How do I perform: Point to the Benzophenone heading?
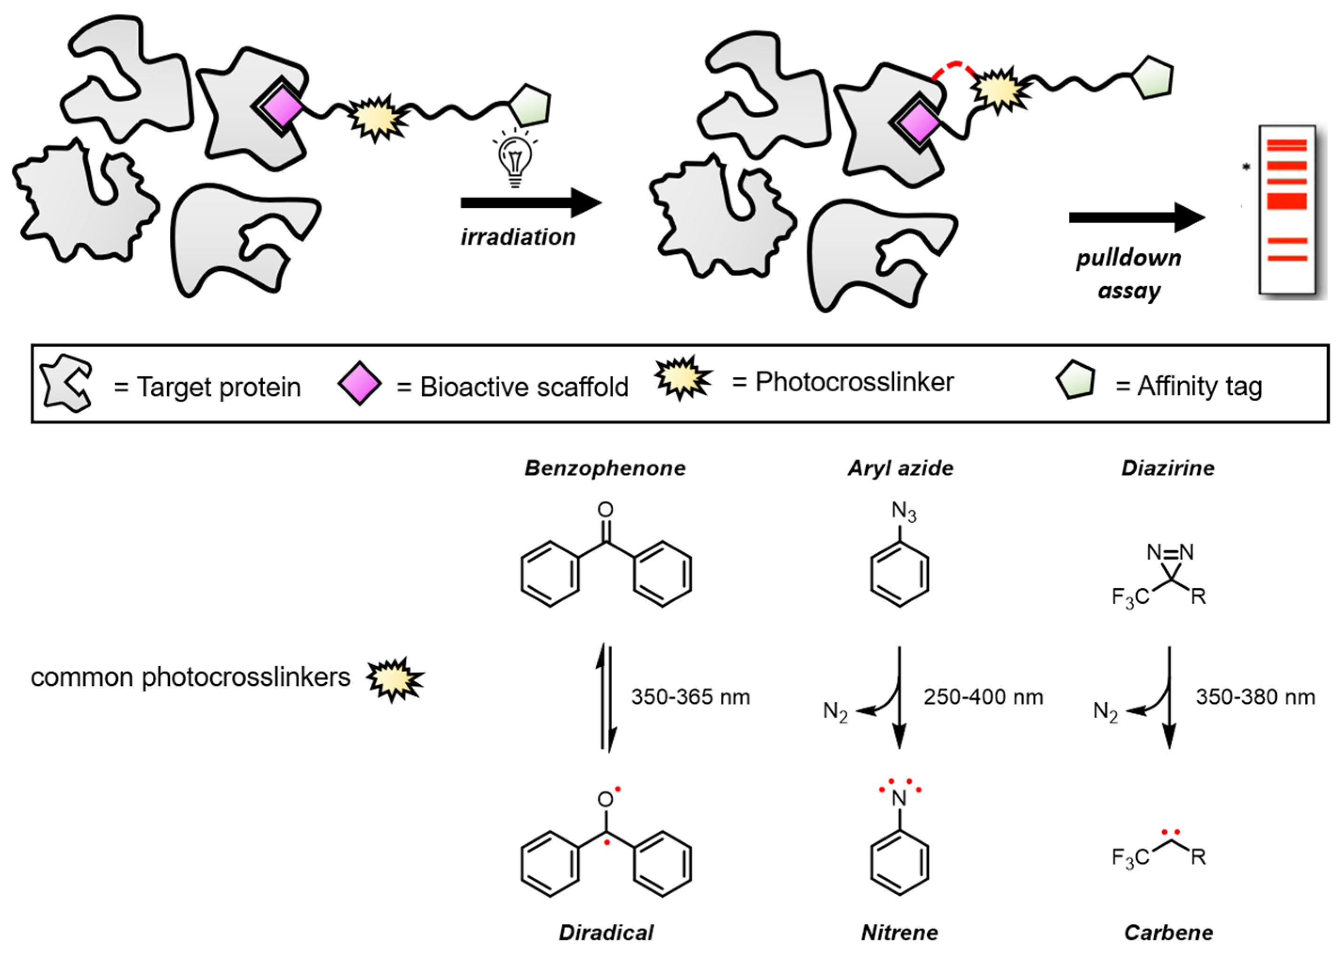[x=605, y=468]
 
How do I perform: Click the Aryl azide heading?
[x=900, y=468]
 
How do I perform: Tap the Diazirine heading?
[x=1167, y=468]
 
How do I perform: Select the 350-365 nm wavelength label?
[x=691, y=697]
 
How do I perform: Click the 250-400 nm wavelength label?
[x=983, y=697]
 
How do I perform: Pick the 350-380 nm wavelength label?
[x=1255, y=697]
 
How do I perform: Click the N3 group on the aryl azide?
[x=904, y=512]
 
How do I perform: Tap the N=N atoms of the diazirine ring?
[x=1170, y=552]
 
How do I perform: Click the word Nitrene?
[x=899, y=932]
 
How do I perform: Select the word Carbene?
[x=1168, y=932]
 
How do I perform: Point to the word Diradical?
[x=606, y=932]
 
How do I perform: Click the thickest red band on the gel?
[x=1286, y=201]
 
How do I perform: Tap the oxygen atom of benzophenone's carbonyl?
[x=606, y=510]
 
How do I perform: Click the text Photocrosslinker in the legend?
[x=854, y=382]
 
